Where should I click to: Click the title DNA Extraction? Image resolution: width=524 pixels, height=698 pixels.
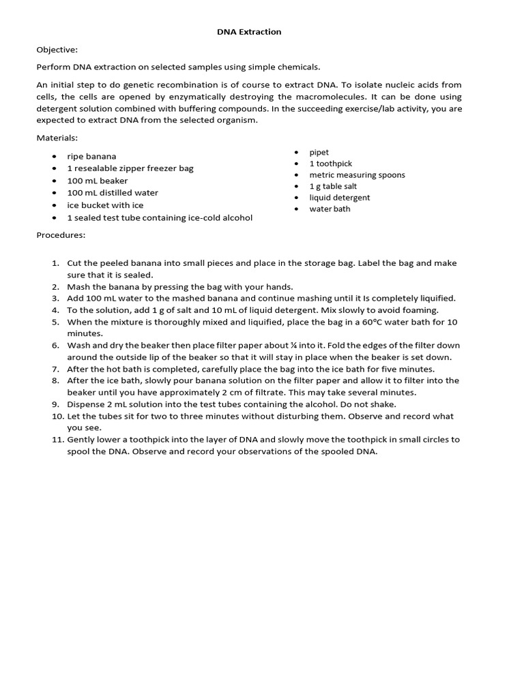[x=249, y=32]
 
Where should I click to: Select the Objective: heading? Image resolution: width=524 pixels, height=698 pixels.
[x=57, y=50]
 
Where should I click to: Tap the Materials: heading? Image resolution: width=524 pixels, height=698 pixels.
[x=58, y=138]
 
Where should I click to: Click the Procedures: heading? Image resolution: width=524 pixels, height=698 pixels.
[x=61, y=235]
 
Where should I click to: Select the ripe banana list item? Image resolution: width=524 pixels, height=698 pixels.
[x=91, y=157]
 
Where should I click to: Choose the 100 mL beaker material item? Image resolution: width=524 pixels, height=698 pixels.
[x=97, y=181]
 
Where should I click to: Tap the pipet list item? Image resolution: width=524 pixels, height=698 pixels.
[x=319, y=153]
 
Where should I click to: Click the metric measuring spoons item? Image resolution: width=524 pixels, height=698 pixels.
[x=357, y=175]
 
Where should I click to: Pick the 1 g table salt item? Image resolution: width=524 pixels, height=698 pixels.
[x=333, y=186]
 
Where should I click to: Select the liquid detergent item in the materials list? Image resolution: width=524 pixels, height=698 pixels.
[x=340, y=198]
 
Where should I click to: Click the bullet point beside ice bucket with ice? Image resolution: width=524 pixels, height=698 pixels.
[x=54, y=205]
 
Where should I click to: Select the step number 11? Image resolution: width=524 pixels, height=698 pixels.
[x=57, y=440]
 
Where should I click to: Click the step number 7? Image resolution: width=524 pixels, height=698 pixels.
[x=57, y=369]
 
